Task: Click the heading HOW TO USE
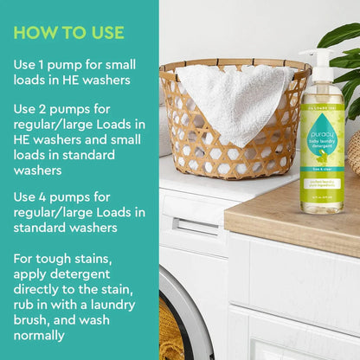(x=69, y=33)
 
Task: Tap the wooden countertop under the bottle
(x=294, y=212)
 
